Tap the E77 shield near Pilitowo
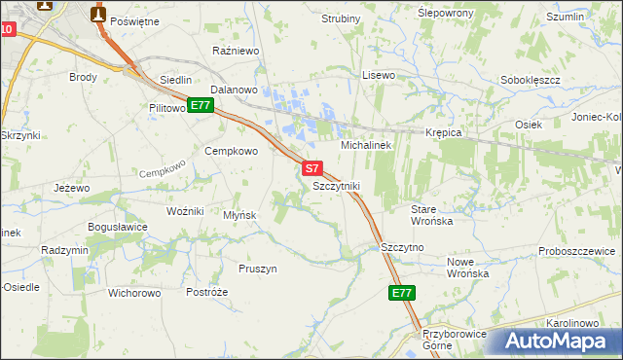pos(201,105)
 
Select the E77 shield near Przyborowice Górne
pos(402,293)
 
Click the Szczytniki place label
pos(337,185)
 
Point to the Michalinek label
pos(365,144)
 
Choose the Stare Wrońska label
pos(432,215)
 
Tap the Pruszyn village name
pos(258,268)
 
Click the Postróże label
pos(206,292)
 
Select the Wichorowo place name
pos(134,292)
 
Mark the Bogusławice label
pos(117,227)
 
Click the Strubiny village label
pos(341,18)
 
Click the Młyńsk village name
pos(239,215)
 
